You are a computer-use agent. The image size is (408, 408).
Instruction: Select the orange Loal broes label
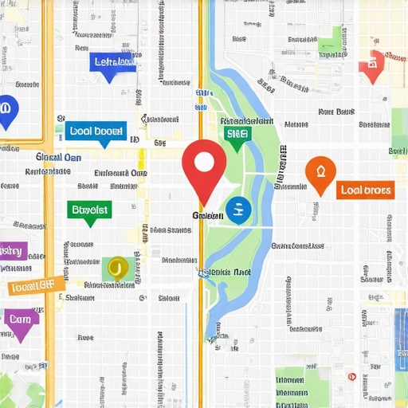[365, 190]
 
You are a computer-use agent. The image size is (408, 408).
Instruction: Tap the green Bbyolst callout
[90, 210]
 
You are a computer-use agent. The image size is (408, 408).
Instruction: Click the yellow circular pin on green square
[116, 267]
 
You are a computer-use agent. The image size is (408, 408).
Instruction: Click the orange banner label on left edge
[35, 285]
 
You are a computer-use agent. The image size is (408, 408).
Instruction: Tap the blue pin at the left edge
[6, 109]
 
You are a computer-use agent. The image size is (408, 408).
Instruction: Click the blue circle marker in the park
[237, 210]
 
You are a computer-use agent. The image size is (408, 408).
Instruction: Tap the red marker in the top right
[371, 65]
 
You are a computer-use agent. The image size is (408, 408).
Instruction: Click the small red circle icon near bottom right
[351, 376]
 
